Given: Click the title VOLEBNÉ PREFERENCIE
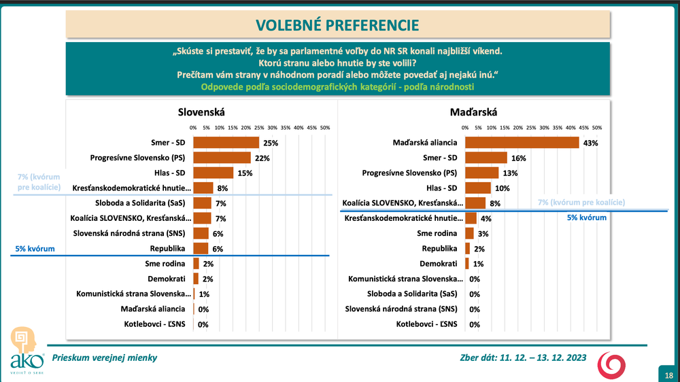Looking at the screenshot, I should [337, 25].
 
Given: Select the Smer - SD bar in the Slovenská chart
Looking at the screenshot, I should [226, 143].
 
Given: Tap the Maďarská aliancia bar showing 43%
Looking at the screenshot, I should [522, 143].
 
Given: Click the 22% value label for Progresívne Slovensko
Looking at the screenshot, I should [262, 158].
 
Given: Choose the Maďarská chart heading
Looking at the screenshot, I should [473, 112].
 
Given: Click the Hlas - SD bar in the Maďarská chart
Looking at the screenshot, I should [478, 188].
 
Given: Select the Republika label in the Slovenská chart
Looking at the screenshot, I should [171, 249].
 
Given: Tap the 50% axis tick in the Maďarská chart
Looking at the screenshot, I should [597, 128].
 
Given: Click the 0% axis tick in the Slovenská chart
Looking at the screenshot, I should [193, 128].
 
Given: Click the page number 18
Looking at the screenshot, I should [669, 375].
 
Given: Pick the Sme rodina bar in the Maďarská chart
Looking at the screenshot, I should [469, 233].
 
